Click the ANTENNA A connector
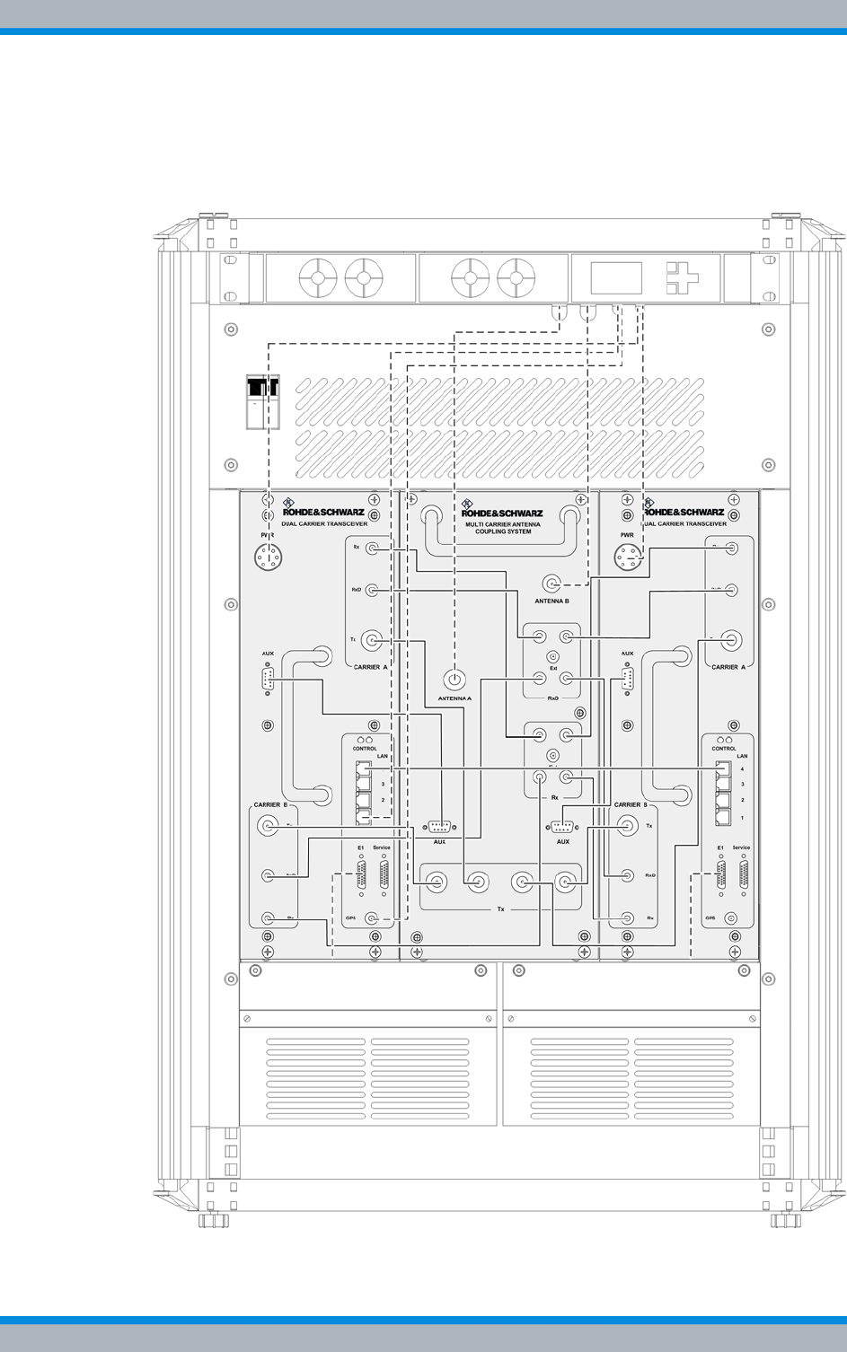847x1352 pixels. coord(454,679)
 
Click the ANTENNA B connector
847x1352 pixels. coord(551,583)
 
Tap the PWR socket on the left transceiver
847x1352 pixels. coord(267,557)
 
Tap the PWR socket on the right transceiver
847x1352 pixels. coord(628,557)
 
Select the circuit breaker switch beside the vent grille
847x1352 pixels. coord(262,401)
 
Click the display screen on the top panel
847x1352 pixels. coord(616,278)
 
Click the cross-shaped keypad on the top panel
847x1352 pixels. coord(682,278)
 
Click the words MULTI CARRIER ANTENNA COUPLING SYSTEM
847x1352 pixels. coord(502,527)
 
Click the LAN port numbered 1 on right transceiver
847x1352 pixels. coord(723,817)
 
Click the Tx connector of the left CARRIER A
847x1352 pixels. coord(373,640)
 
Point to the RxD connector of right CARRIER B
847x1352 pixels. coord(628,874)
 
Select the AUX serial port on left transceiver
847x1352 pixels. coord(268,680)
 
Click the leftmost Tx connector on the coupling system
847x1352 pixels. coord(436,882)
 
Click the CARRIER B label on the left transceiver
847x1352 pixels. coord(270,804)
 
